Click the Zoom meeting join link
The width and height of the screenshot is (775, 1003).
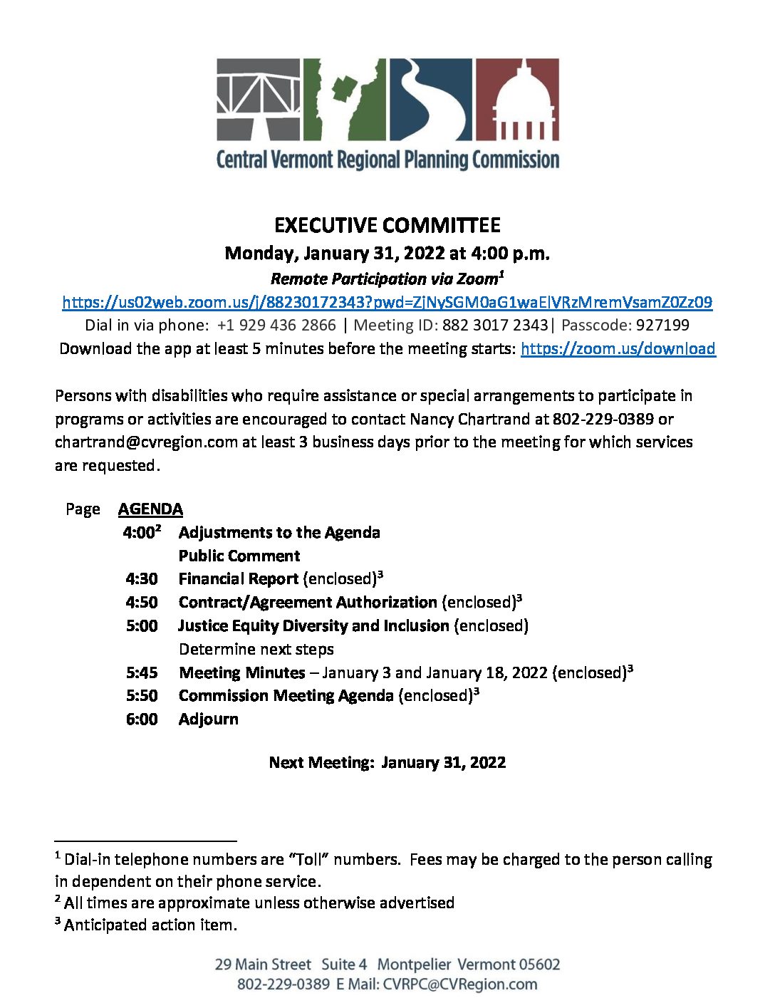[387, 302]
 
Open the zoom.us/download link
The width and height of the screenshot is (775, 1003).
[618, 348]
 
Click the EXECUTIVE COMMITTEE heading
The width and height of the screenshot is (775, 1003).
[387, 225]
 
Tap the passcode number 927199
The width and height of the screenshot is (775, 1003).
[662, 325]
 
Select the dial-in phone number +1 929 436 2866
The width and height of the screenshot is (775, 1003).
[276, 325]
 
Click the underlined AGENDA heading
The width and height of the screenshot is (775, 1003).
[150, 509]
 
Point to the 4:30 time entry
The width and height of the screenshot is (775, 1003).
[142, 578]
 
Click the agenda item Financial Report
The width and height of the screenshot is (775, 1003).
[238, 578]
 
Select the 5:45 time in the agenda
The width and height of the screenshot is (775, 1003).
[142, 672]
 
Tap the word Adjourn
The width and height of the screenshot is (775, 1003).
[208, 719]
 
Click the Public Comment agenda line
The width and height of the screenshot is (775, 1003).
[239, 556]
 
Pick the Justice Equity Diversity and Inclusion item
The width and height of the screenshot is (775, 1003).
[313, 625]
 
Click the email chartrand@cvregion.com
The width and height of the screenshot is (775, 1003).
[146, 442]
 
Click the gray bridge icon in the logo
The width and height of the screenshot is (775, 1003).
[259, 99]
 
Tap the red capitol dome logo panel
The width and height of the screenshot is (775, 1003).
[516, 99]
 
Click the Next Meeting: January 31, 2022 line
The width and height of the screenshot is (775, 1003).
[387, 762]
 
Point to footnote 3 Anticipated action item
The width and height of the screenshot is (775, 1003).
[150, 925]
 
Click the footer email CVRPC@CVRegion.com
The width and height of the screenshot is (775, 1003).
[460, 984]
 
